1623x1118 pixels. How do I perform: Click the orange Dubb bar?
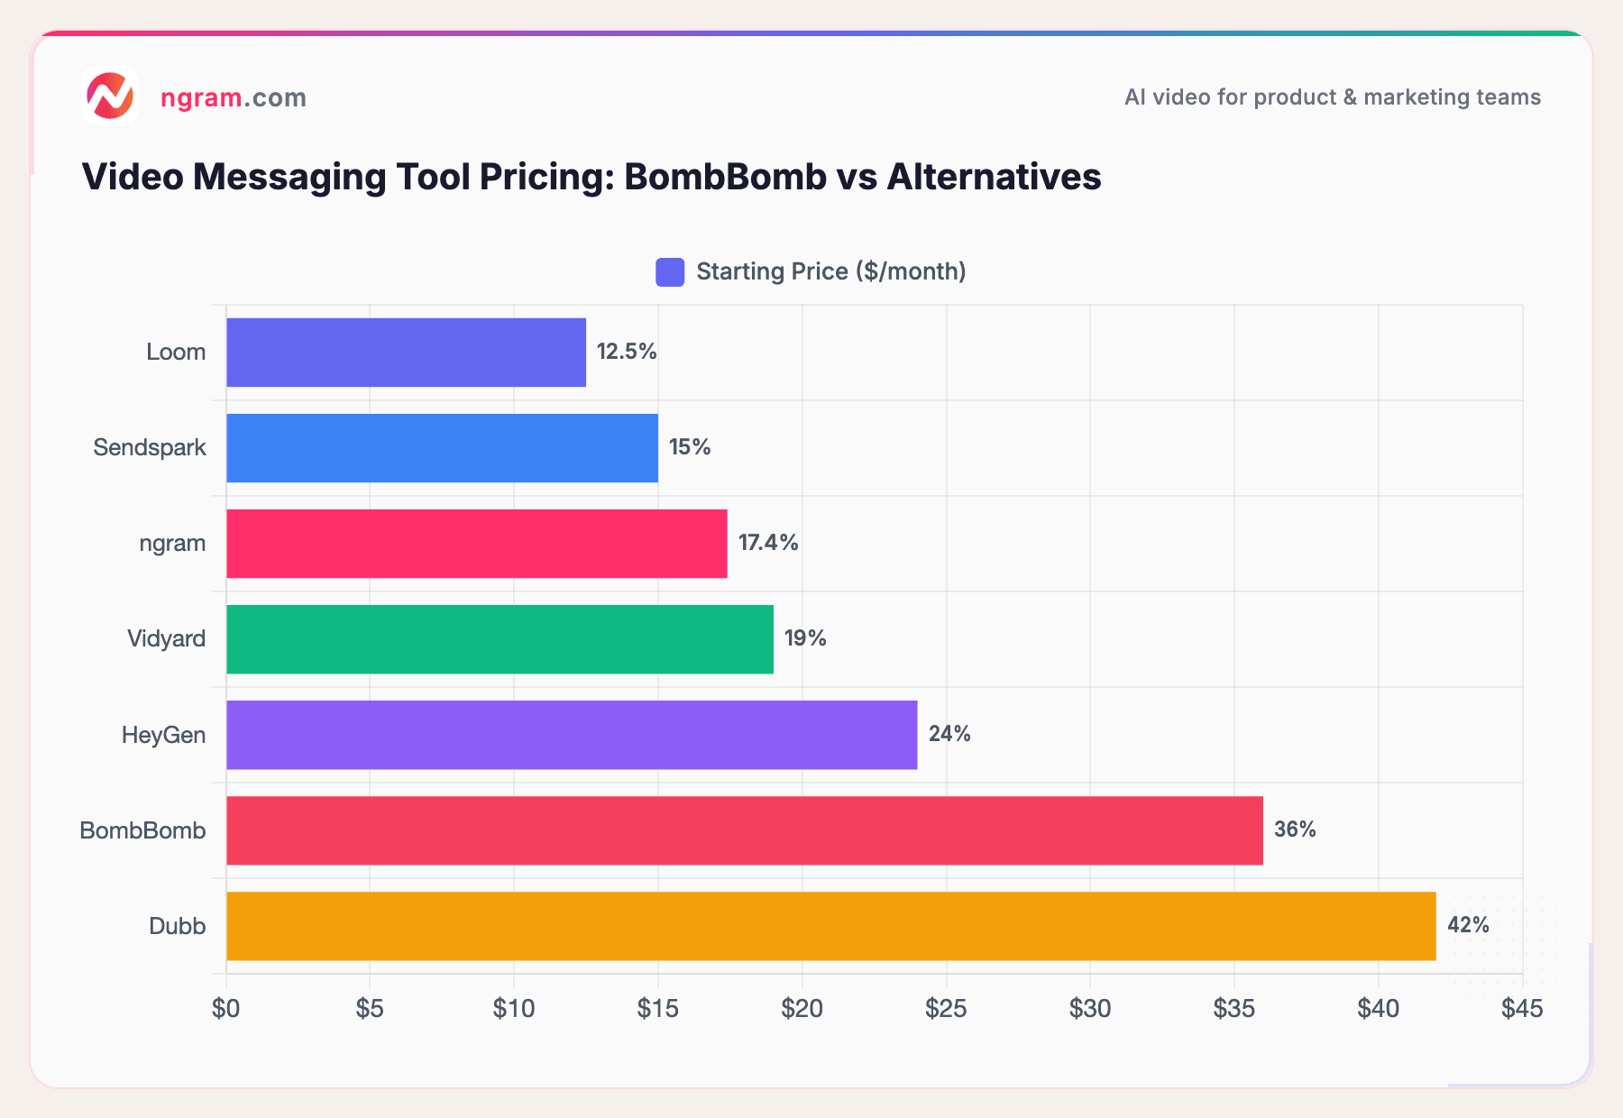click(x=830, y=926)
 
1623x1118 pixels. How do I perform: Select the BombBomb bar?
click(x=744, y=830)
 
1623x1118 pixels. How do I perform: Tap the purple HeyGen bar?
click(x=572, y=735)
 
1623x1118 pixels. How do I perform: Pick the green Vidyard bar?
click(x=500, y=639)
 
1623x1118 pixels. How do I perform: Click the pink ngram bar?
click(x=476, y=544)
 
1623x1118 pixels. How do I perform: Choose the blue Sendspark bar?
click(x=442, y=448)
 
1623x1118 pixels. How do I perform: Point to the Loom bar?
click(x=406, y=353)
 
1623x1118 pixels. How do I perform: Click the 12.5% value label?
click(x=627, y=352)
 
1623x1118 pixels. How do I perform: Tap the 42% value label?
click(x=1468, y=925)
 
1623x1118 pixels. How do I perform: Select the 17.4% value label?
click(x=768, y=543)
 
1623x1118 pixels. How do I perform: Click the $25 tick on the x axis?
click(x=946, y=1009)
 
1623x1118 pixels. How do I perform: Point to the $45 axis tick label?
click(x=1522, y=1009)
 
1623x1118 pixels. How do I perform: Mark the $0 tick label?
click(x=225, y=1009)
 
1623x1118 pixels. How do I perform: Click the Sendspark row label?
click(x=150, y=447)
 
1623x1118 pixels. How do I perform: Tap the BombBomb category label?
click(x=142, y=830)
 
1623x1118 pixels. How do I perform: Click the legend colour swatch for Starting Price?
click(x=670, y=272)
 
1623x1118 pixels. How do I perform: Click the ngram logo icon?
click(x=110, y=96)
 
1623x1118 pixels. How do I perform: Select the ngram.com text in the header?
click(x=234, y=97)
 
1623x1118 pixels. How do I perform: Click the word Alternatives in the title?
click(x=994, y=177)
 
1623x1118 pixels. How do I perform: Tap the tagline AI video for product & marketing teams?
click(x=1332, y=97)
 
